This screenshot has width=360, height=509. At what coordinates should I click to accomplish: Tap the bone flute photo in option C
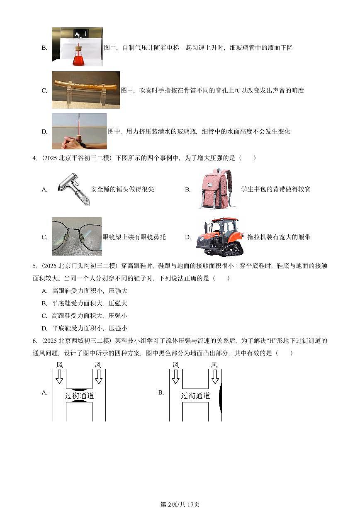86,90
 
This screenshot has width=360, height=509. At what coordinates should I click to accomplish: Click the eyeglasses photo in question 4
77,236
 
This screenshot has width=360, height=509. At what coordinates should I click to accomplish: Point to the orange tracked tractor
220,237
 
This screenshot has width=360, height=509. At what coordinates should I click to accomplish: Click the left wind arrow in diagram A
59,376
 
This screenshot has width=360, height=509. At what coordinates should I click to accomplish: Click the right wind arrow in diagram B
214,376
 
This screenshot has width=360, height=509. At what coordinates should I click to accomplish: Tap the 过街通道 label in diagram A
80,396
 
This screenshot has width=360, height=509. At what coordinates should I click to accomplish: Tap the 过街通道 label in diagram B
196,396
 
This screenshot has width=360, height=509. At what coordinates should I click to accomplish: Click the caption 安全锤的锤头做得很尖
122,190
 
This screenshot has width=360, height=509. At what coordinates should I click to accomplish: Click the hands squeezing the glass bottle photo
79,132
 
